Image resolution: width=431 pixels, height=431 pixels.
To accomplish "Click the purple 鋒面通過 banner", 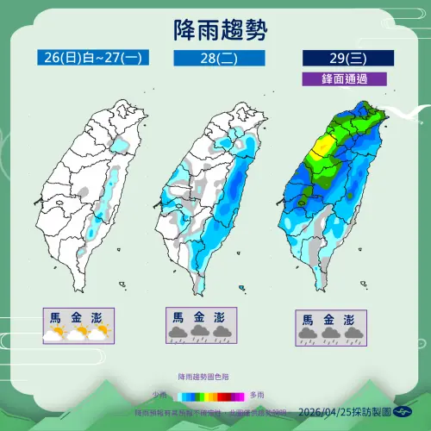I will click(x=343, y=78).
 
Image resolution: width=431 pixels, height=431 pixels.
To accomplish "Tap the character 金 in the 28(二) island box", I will click(x=199, y=316).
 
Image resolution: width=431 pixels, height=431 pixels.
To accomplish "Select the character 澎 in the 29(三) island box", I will click(x=350, y=319).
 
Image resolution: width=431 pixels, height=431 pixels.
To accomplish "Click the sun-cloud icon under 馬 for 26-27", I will click(x=56, y=333).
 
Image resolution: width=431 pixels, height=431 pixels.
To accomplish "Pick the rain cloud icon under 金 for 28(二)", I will click(x=199, y=333).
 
